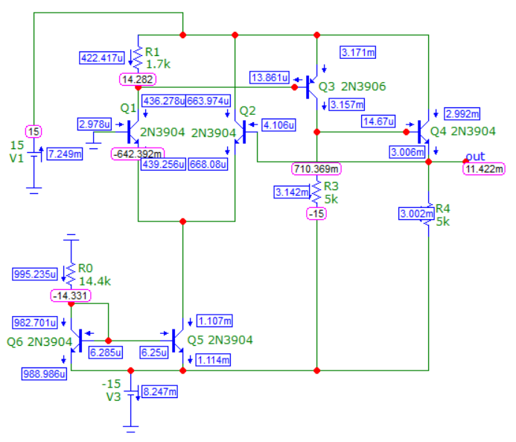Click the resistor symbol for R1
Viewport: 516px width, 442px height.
[x=138, y=58]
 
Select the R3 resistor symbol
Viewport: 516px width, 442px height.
[x=316, y=192]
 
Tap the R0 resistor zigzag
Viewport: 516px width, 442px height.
[x=71, y=274]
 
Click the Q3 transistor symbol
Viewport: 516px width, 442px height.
[x=311, y=87]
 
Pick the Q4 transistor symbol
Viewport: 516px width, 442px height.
[x=423, y=132]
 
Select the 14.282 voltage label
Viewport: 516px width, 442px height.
[x=138, y=79]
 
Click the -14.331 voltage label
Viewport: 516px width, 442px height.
[x=71, y=295]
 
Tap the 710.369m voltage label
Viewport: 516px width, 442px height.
[x=316, y=169]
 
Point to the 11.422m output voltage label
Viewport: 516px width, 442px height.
[x=484, y=169]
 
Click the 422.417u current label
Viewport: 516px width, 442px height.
[x=102, y=58]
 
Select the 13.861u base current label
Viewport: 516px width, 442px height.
[x=270, y=78]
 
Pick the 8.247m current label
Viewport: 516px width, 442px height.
[x=159, y=391]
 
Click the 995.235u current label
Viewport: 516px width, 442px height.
[x=35, y=274]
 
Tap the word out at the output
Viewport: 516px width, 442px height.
[x=475, y=156]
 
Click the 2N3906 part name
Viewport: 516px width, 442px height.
[x=363, y=86]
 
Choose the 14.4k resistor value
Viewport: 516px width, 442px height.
[x=95, y=281]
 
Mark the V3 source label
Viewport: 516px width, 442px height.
[x=113, y=397]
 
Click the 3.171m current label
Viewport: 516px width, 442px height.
[x=357, y=52]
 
